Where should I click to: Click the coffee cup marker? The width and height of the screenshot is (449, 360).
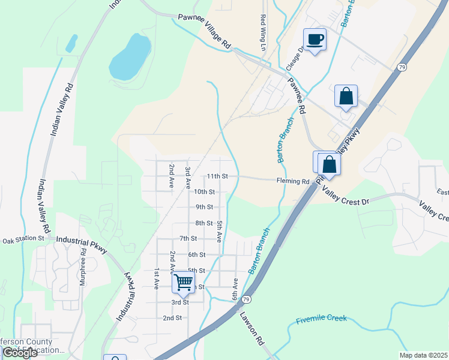315,40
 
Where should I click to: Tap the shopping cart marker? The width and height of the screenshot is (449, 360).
183,283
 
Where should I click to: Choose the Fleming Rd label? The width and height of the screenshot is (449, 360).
293,181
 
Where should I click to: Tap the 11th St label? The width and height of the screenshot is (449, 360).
217,176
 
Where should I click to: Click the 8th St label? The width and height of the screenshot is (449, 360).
204,223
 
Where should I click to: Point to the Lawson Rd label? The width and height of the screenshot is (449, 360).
252,328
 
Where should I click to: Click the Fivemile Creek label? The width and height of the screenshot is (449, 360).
321,319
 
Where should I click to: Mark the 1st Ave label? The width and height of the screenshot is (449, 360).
157,278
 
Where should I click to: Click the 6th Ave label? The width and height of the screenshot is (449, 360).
235,289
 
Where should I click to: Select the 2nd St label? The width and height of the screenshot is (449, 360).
172,317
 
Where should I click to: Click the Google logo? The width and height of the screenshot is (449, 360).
19,353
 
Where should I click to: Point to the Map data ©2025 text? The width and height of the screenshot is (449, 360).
424,355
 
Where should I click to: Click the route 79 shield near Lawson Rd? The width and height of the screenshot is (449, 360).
246,299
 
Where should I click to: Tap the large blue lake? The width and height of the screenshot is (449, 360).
130,57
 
